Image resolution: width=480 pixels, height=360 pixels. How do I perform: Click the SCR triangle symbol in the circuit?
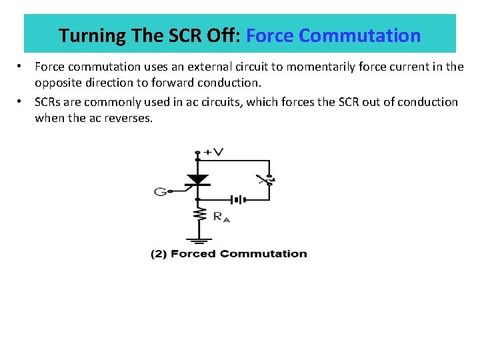pyautogui.click(x=197, y=179)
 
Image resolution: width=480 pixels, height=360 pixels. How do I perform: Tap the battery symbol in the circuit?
pyautogui.click(x=237, y=199)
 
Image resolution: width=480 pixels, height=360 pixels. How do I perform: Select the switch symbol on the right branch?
pyautogui.click(x=267, y=180)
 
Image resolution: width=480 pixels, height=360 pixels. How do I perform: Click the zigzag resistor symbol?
pyautogui.click(x=197, y=214)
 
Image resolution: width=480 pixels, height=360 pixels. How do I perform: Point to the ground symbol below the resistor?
pyautogui.click(x=197, y=238)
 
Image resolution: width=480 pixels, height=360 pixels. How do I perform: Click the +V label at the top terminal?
pyautogui.click(x=213, y=152)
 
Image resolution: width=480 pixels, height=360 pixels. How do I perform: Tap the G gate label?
pyautogui.click(x=160, y=192)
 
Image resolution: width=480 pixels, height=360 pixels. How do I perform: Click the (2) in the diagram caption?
pyautogui.click(x=158, y=253)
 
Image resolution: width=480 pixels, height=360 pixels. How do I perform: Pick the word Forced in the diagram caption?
pyautogui.click(x=192, y=253)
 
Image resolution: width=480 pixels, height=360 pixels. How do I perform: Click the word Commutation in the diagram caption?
pyautogui.click(x=263, y=253)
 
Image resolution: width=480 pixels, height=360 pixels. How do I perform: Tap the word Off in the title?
pyautogui.click(x=227, y=35)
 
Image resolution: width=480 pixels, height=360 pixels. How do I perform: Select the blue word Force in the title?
pyautogui.click(x=270, y=35)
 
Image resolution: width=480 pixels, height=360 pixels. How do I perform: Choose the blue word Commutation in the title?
pyautogui.click(x=360, y=35)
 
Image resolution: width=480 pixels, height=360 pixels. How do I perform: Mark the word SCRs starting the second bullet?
pyautogui.click(x=48, y=102)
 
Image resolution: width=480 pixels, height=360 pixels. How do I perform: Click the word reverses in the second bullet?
pyautogui.click(x=130, y=118)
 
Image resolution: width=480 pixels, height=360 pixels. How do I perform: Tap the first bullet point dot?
pyautogui.click(x=21, y=67)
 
